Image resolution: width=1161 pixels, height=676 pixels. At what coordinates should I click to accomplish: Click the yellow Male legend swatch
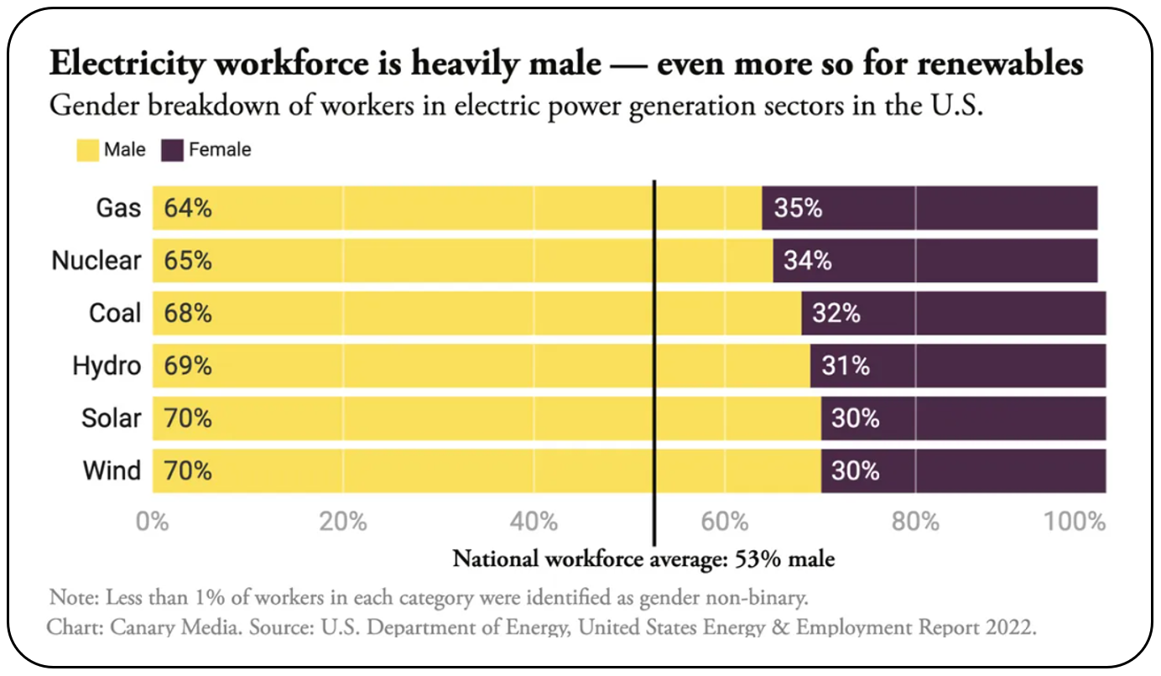click(88, 150)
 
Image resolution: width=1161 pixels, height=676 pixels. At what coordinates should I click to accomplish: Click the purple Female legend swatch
click(172, 150)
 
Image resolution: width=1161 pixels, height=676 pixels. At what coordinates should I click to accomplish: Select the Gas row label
click(118, 208)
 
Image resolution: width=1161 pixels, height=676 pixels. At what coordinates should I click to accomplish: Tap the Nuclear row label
click(96, 261)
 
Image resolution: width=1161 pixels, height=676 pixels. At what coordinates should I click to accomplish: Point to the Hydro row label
click(107, 366)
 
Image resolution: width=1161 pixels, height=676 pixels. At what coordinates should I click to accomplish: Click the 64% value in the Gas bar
click(188, 208)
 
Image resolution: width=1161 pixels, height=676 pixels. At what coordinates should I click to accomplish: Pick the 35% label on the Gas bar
click(798, 208)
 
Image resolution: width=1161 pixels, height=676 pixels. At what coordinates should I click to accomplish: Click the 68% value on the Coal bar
click(188, 314)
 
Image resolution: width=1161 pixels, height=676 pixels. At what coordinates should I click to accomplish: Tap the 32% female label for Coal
click(836, 314)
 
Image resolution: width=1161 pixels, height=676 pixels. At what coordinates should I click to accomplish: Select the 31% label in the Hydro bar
click(846, 366)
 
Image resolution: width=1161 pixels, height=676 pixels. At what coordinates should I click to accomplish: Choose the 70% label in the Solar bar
click(188, 418)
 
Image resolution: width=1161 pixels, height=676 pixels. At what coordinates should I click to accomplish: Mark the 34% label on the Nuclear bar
click(808, 261)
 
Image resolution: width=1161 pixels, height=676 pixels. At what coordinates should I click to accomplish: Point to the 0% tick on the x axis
click(153, 522)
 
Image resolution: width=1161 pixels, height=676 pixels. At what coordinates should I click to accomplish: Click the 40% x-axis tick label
click(534, 522)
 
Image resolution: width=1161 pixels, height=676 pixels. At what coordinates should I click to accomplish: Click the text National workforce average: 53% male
click(643, 559)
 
